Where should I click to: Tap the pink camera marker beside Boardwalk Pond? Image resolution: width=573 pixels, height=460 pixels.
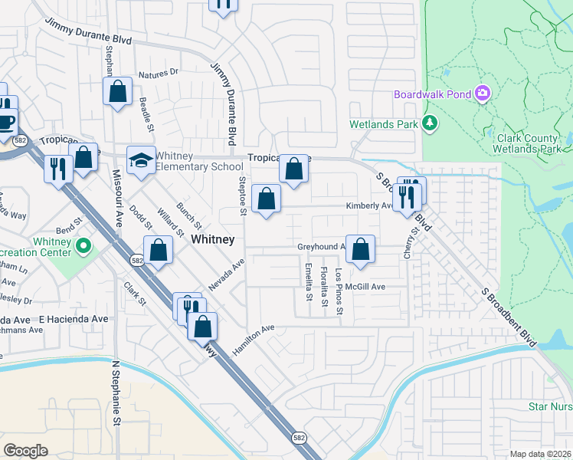click(x=483, y=94)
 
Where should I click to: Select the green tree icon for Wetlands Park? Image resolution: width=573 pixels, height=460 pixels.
click(x=430, y=123)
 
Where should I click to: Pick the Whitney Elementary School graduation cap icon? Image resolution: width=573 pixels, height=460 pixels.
click(x=141, y=160)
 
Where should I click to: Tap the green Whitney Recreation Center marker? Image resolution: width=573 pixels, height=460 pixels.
click(x=85, y=247)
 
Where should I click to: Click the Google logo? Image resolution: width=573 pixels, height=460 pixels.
click(x=26, y=450)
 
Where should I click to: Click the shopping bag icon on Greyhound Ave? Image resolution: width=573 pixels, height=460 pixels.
click(x=361, y=249)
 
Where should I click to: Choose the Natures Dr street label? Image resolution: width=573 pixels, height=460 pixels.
click(x=158, y=74)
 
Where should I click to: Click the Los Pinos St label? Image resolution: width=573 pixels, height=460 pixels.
click(x=339, y=283)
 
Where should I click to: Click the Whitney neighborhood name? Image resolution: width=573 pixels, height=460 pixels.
click(x=212, y=239)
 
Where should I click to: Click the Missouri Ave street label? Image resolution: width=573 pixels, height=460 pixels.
click(x=118, y=208)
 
